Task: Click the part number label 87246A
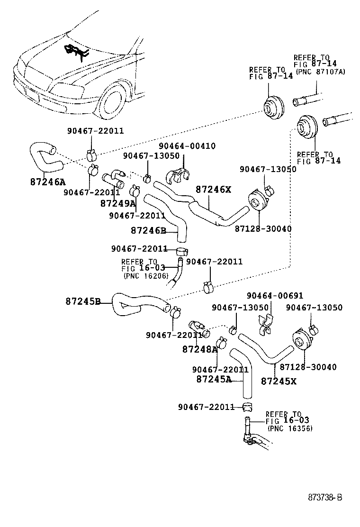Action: coord(47,182)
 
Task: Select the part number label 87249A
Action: coord(118,203)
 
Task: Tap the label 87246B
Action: coord(148,231)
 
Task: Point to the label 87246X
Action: coord(213,190)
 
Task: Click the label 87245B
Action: coord(83,301)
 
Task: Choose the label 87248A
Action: coord(199,349)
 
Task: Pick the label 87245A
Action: coord(214,379)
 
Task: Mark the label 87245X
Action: coord(279,381)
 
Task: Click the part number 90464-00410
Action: coord(187,146)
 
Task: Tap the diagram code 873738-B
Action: coord(325,497)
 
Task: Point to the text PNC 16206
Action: coord(146,275)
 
